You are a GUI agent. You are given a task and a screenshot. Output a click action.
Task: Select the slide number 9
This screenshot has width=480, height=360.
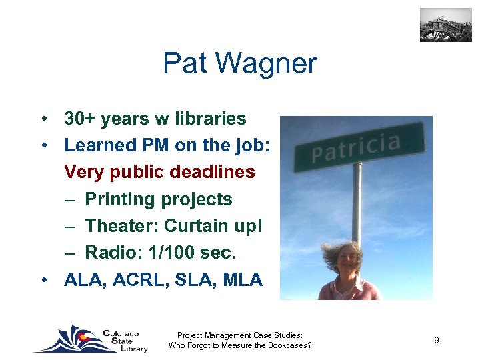pos(436,341)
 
